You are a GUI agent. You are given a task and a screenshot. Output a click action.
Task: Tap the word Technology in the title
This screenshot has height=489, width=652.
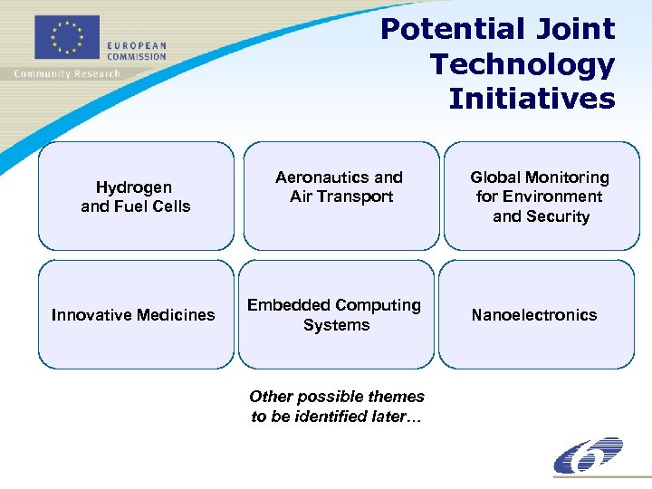(x=523, y=64)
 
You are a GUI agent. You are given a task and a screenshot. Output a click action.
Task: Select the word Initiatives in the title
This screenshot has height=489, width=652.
(x=532, y=98)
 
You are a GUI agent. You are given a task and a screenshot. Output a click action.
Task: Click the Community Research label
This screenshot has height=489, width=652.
(x=66, y=73)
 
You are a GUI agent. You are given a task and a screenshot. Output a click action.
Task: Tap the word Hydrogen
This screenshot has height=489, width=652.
(x=134, y=187)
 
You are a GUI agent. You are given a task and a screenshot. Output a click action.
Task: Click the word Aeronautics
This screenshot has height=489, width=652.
(x=324, y=177)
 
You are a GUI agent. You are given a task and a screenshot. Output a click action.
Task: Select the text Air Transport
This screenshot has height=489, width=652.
(x=341, y=197)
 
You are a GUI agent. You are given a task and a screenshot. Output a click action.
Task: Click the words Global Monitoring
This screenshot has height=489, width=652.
(x=539, y=177)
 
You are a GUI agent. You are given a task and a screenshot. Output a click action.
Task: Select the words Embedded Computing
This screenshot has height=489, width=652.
(x=334, y=305)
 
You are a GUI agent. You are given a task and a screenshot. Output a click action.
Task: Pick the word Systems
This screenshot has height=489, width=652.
(x=336, y=325)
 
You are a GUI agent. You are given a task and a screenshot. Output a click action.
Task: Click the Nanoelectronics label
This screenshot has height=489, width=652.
(x=534, y=315)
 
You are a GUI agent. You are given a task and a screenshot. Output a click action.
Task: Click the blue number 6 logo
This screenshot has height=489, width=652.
(x=588, y=455)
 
